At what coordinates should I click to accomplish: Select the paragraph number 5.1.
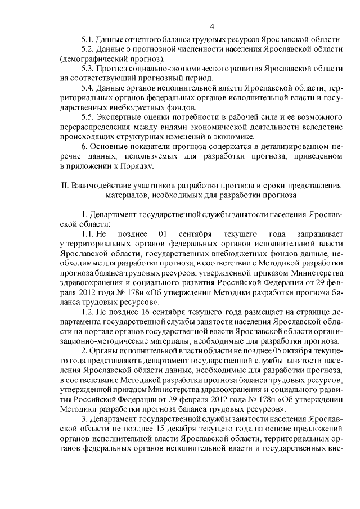click(87, 40)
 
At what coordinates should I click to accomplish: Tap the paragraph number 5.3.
click(87, 68)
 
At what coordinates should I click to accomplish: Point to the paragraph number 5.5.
click(87, 116)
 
